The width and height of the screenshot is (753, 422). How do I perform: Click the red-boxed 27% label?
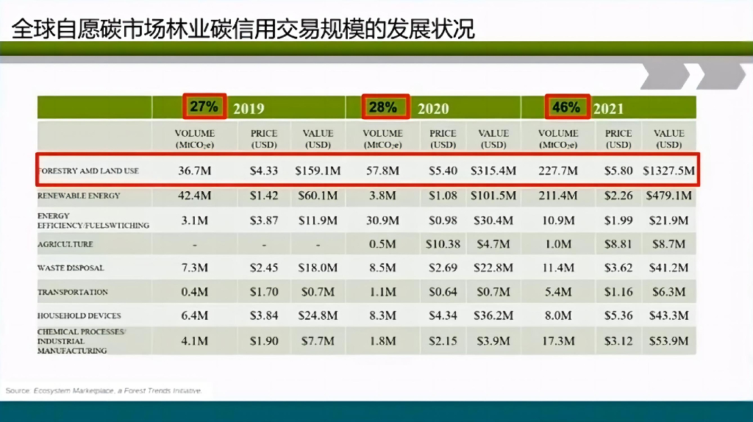(204, 107)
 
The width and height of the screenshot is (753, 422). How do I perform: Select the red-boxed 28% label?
(382, 107)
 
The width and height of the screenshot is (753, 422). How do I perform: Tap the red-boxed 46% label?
(565, 107)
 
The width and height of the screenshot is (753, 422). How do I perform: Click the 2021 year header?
(608, 109)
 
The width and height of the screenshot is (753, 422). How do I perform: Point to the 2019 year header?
(249, 109)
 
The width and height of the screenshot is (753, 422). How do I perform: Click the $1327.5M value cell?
(668, 171)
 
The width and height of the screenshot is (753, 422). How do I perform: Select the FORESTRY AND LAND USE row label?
(88, 171)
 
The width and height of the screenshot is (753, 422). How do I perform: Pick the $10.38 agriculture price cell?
(443, 244)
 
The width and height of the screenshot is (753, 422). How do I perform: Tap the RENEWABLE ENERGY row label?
(79, 196)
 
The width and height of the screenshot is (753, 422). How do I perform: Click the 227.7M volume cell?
(558, 171)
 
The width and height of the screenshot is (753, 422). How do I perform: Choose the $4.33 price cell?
(263, 171)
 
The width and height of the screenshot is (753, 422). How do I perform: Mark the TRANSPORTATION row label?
(73, 292)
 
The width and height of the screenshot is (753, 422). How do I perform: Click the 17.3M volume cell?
(558, 341)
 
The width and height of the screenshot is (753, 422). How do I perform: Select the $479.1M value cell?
(668, 196)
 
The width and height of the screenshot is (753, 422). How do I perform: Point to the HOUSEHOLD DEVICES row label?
(78, 316)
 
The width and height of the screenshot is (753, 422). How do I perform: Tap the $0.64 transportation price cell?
(443, 292)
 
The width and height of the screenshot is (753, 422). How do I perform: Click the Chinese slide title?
(243, 29)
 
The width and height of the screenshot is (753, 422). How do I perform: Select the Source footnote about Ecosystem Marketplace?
(104, 390)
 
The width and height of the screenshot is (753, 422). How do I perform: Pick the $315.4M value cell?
(493, 171)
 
